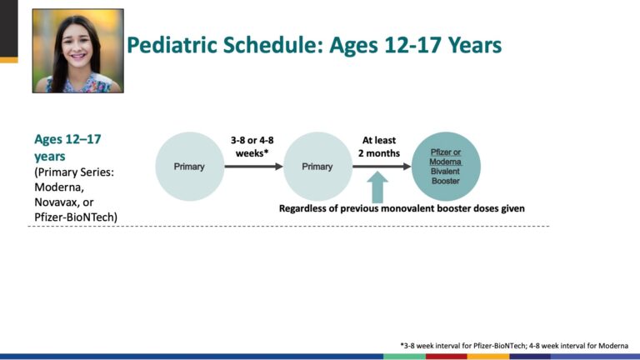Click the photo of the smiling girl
pyautogui.click(x=78, y=51)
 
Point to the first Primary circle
pyautogui.click(x=189, y=167)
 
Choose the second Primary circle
pyautogui.click(x=317, y=167)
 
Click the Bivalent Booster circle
pyautogui.click(x=446, y=167)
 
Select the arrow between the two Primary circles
pyautogui.click(x=253, y=167)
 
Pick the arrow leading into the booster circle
pyautogui.click(x=382, y=167)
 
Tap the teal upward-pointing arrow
pyautogui.click(x=377, y=187)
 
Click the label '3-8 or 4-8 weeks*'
pyautogui.click(x=252, y=147)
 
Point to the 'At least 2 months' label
pyautogui.click(x=379, y=147)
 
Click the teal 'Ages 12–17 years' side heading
pyautogui.click(x=67, y=147)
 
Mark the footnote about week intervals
pyautogui.click(x=514, y=346)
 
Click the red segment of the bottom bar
pyautogui.click(x=446, y=357)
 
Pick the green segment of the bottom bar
pyautogui.click(x=404, y=357)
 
